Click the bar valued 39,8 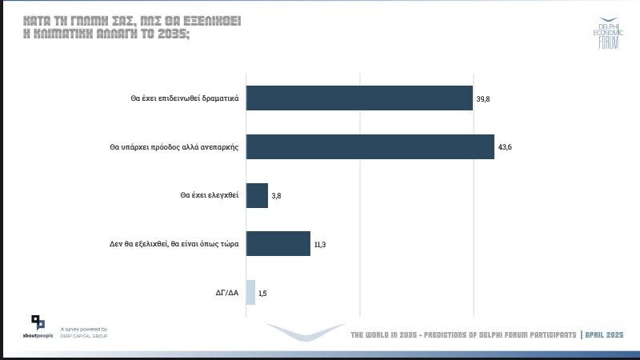coord(359,98)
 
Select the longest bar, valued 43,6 coord(370,147)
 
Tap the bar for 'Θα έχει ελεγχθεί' coord(257,196)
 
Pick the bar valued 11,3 coord(278,244)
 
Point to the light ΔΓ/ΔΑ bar coord(250,293)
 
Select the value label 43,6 coord(505,148)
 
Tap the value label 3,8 coord(277,197)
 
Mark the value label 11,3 coord(319,245)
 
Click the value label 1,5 coord(263,294)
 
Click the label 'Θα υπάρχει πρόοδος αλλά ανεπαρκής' coord(175,148)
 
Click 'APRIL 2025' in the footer coord(605,334)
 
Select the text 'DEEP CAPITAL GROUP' coord(84,336)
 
